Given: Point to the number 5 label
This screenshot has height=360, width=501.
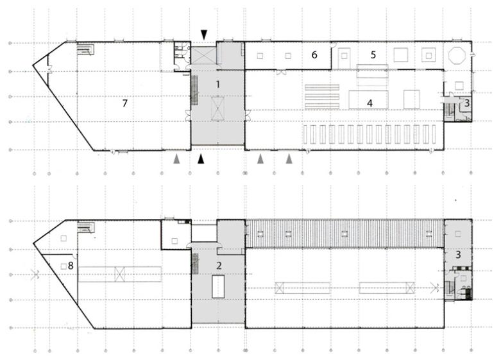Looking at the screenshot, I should coord(373,55).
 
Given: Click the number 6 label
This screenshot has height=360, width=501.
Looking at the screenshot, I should coord(314,55).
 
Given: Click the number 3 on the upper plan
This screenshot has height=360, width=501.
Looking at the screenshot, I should coord(467,102).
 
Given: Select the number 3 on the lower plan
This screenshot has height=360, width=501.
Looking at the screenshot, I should coord(457,255).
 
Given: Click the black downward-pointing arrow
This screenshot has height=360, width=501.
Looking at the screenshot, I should coord(204,33).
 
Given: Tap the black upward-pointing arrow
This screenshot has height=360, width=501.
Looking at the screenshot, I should coord(201,158).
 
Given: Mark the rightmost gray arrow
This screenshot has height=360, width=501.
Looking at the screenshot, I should coord(289,158).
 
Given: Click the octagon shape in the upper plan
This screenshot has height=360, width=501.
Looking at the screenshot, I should coord(457,55).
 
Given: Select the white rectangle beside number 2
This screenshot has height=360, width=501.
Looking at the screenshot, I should coord(218,285).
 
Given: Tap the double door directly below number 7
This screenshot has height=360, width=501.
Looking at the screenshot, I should coord(114,151).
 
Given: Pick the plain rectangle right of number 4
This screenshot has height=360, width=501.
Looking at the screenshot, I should coord(411,99).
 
